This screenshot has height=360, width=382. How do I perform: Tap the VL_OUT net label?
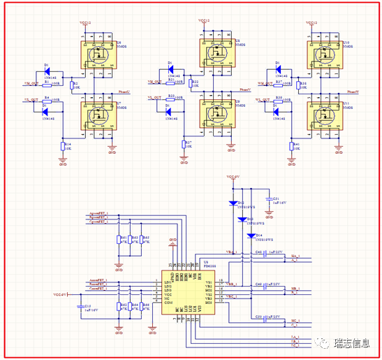pos(154,100)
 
